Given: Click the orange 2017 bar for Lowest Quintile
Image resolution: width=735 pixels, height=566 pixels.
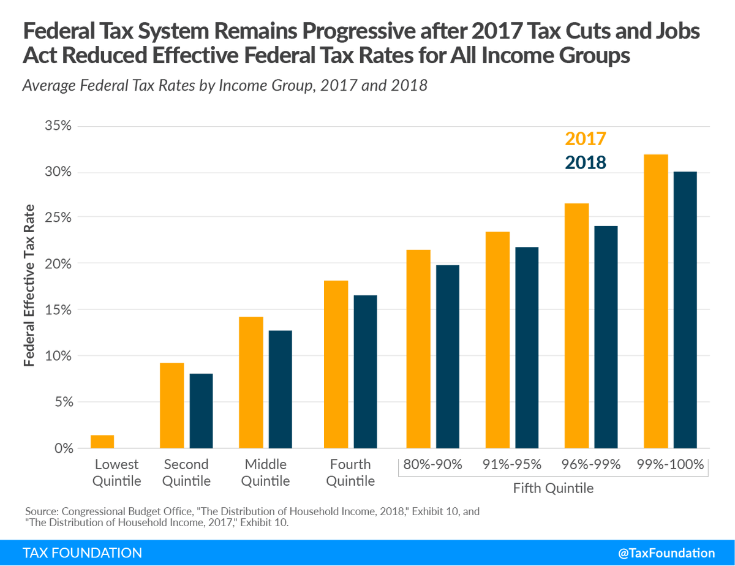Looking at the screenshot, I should pos(102,442).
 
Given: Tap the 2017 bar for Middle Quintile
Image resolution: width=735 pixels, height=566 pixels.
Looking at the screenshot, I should pos(251,382).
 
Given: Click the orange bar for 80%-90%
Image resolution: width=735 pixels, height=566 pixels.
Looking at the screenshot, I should pos(418,349).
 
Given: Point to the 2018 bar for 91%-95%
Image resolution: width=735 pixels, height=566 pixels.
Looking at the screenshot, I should pos(527,347).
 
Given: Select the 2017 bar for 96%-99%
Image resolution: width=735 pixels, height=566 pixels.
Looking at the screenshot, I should pos(576,326).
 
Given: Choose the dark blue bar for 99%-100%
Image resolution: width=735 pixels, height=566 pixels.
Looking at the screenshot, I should pos(685,310).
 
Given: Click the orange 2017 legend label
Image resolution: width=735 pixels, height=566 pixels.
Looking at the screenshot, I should pos(586,139).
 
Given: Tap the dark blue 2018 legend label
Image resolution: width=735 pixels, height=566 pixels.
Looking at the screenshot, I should pos(586,162).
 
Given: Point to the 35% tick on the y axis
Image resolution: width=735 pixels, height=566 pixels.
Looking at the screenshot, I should pos(58,126).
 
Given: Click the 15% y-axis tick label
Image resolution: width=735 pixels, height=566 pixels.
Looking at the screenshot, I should pos(58,310).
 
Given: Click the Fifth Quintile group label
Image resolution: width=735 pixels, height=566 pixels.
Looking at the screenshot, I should pos(553,489).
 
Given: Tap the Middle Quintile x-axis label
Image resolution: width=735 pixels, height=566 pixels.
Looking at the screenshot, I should pos(265,472).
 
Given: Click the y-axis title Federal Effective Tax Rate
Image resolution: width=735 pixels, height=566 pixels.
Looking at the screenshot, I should pos(29,287).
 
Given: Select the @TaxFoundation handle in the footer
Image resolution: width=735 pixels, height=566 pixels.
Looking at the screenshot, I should pos(666,553).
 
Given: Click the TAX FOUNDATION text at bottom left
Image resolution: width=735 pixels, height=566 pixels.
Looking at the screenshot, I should pos(82,553).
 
